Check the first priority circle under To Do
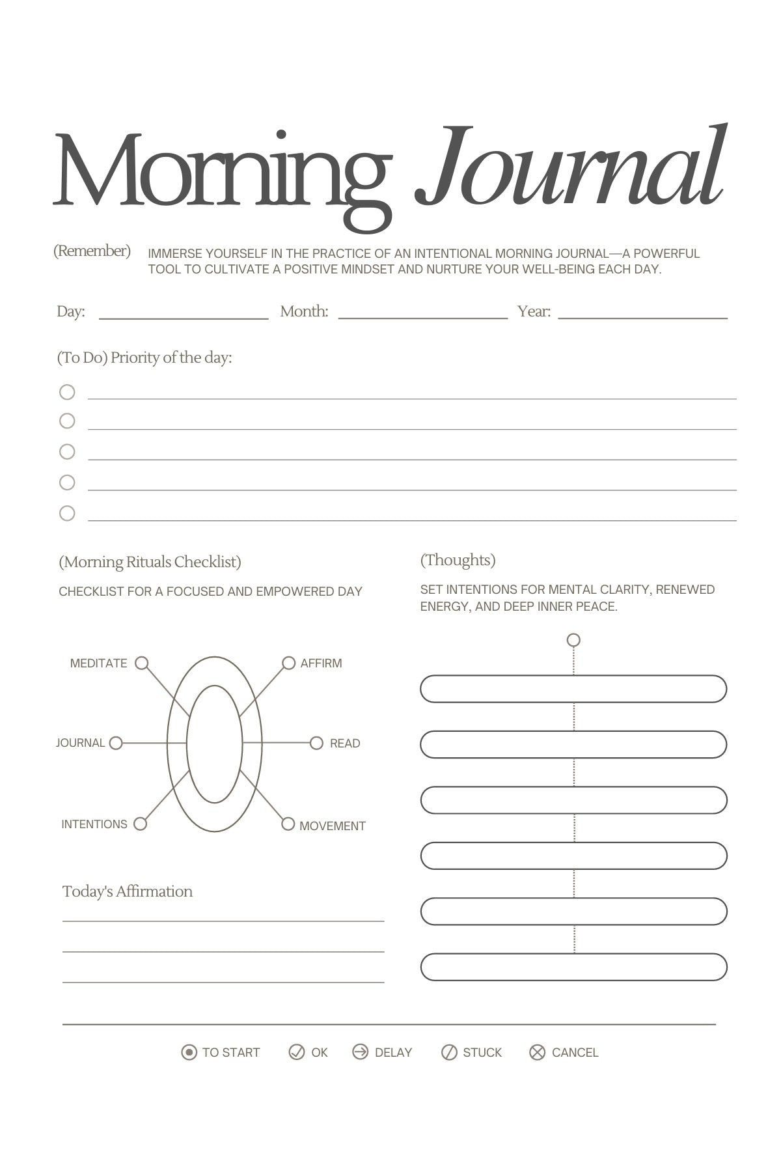(x=67, y=392)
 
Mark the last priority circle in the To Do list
(x=67, y=513)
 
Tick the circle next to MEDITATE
(x=141, y=663)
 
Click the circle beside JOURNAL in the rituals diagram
(x=116, y=743)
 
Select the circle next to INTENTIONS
(x=140, y=824)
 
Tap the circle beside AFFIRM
(x=288, y=663)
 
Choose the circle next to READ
(x=316, y=743)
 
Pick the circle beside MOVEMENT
(x=288, y=824)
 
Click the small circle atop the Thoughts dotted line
(x=573, y=640)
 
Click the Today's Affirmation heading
(x=128, y=891)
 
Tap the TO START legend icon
(x=189, y=1052)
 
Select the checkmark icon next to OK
(x=296, y=1052)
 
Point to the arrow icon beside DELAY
(x=360, y=1052)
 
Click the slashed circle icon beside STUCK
(x=449, y=1052)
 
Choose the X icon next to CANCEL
(x=537, y=1052)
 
